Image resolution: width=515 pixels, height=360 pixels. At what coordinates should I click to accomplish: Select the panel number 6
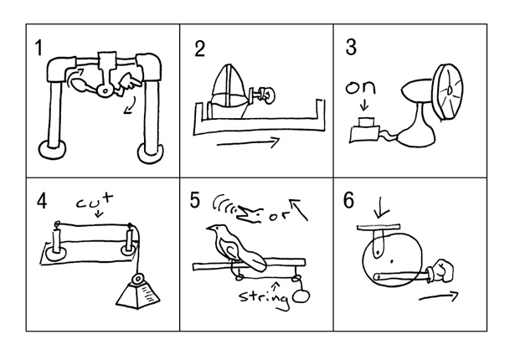[x=348, y=200]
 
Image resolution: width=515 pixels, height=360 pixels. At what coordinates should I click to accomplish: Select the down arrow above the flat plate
[x=378, y=208]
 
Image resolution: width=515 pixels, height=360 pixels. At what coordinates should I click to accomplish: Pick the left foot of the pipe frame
[x=54, y=149]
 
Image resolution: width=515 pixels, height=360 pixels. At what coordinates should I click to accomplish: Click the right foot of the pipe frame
[x=152, y=151]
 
